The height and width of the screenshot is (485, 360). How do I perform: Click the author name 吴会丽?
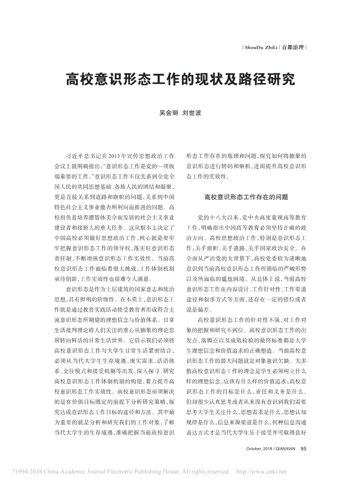click(168, 113)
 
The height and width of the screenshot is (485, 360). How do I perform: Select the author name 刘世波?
click(191, 113)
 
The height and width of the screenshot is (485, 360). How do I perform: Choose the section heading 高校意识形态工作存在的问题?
click(246, 197)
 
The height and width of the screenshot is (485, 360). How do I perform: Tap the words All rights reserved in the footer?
click(204, 471)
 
